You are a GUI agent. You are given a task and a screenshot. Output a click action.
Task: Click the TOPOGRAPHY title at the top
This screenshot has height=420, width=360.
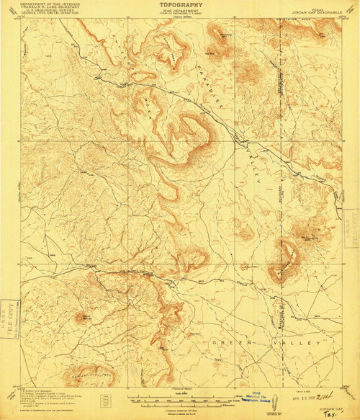pyautogui.click(x=179, y=4)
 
